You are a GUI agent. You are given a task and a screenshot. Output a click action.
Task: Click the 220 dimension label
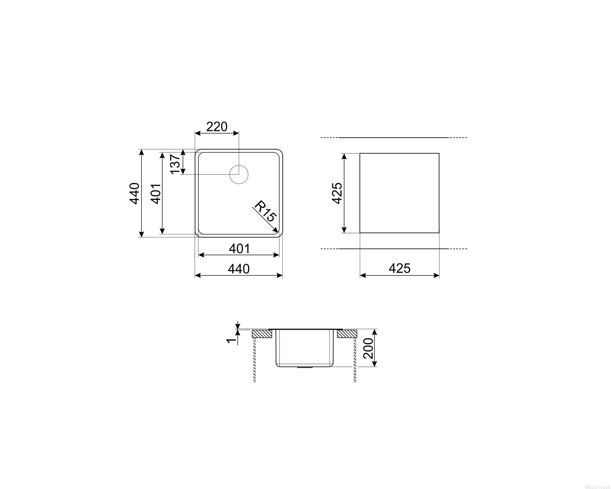click(x=217, y=127)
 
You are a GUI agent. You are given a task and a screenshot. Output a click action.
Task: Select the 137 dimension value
click(x=175, y=164)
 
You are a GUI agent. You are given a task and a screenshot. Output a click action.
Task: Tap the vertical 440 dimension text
click(x=134, y=194)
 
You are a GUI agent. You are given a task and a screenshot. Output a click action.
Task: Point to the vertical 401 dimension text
click(x=156, y=194)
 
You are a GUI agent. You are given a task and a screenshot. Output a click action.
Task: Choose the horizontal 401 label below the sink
click(x=240, y=249)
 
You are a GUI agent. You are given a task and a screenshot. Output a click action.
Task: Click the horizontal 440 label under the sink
click(x=239, y=269)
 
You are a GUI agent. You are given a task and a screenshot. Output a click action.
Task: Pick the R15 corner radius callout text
click(x=265, y=211)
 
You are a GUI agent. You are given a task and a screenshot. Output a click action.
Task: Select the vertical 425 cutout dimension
click(x=337, y=193)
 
